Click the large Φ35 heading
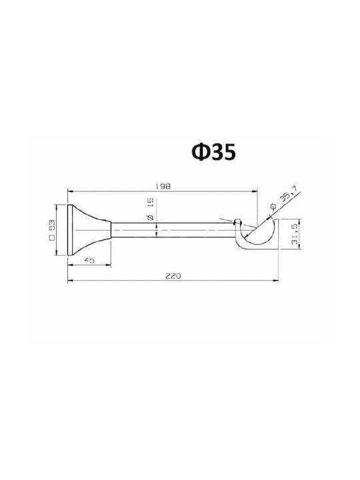(214, 152)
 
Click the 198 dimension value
(163, 186)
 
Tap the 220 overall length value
(173, 276)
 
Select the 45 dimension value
(89, 260)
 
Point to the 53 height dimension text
(52, 225)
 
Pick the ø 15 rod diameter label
(150, 209)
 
